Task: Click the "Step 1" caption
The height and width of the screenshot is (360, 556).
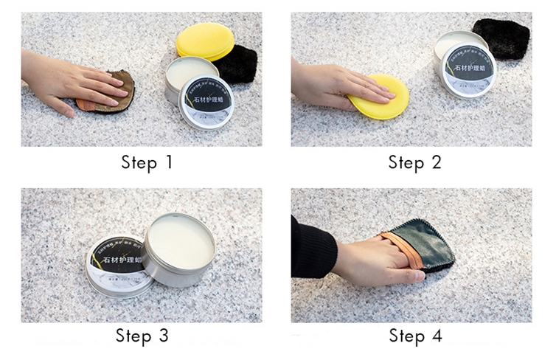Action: [147, 162]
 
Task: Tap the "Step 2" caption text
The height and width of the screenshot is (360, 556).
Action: [414, 162]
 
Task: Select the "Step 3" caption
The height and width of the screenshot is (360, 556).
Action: [142, 336]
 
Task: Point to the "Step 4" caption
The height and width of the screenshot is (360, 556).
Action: [415, 336]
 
